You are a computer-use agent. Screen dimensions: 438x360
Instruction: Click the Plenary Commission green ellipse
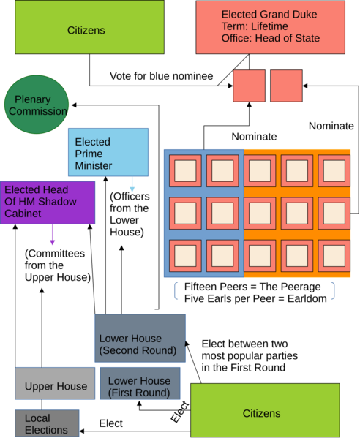click(37, 104)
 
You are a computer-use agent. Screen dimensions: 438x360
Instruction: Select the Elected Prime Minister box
click(108, 153)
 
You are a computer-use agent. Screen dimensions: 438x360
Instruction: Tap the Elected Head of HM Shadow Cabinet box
click(48, 202)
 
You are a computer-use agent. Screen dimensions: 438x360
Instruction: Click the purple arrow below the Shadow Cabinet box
click(52, 235)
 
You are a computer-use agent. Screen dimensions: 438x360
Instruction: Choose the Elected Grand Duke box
click(270, 27)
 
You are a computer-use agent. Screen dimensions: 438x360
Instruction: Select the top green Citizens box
click(86, 27)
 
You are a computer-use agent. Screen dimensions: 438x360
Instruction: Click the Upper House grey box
click(55, 383)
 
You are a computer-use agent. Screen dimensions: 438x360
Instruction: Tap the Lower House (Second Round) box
click(140, 338)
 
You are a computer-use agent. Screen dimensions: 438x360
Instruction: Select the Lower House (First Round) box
click(140, 384)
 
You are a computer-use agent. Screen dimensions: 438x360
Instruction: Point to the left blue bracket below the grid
click(176, 290)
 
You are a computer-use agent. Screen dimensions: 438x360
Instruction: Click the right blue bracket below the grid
click(334, 290)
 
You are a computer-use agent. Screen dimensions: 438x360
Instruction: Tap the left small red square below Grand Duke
click(249, 86)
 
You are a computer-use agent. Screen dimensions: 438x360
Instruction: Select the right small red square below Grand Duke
click(286, 86)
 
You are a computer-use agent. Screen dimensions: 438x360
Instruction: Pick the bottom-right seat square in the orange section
click(334, 255)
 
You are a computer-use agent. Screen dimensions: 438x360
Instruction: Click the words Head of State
click(288, 38)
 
